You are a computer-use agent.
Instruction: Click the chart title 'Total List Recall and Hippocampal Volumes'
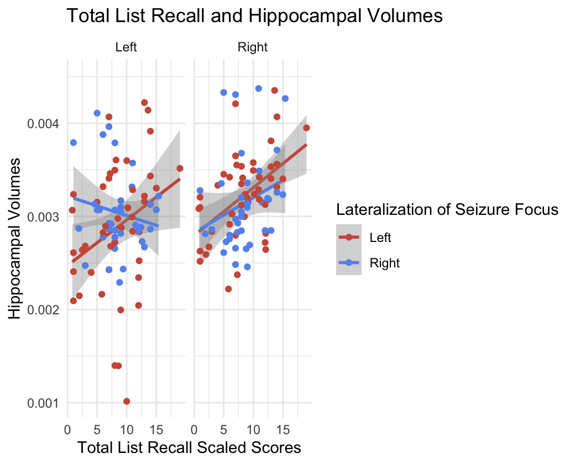click(254, 16)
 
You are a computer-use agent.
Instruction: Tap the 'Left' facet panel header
click(126, 48)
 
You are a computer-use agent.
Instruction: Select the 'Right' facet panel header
click(252, 48)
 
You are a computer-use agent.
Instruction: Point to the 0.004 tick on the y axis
click(43, 124)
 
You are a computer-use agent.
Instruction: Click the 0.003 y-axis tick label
click(43, 217)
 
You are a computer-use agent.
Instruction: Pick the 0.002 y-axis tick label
click(43, 310)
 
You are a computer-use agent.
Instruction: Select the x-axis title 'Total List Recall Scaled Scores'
click(190, 447)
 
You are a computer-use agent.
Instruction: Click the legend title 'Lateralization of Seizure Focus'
click(446, 210)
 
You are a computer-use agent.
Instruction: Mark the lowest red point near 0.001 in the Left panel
click(127, 401)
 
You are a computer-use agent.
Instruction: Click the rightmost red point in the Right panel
click(307, 128)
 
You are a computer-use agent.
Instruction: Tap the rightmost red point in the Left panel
click(180, 168)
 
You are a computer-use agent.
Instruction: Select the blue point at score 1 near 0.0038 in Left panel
click(74, 143)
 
